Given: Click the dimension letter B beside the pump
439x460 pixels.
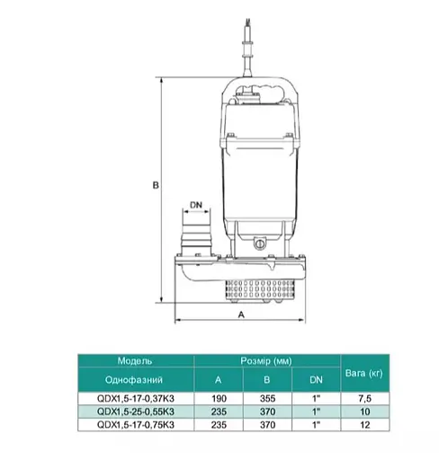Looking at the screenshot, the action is [156, 185].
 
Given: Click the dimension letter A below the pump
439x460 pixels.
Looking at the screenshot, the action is [241, 314].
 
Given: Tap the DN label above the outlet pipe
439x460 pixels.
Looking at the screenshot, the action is [196, 205].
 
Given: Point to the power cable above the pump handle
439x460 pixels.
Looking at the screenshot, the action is [248, 48].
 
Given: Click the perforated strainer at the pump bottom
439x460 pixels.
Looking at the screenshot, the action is [260, 291].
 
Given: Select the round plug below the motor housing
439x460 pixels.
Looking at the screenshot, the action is [259, 243].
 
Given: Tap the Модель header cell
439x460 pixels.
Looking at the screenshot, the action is [135, 360].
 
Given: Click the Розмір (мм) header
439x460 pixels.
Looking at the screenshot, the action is [266, 361].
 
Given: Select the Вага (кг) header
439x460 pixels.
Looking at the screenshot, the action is [364, 373].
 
